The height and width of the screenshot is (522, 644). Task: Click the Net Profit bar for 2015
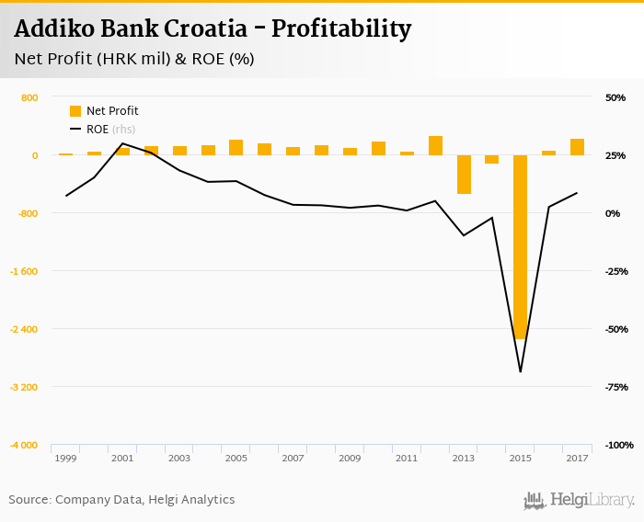520,246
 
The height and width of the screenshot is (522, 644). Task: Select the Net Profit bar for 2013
463,174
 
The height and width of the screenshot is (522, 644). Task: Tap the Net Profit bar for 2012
435,145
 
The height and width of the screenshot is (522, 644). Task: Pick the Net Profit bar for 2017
577,147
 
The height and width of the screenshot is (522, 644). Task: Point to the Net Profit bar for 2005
236,147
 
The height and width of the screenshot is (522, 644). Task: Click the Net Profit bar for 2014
491,159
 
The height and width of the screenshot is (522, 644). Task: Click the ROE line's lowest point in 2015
520,371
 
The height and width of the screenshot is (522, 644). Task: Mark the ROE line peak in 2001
122,143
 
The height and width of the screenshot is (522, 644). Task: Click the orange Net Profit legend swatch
75,111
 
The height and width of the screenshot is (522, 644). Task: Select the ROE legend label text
97,129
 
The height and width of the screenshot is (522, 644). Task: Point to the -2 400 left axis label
23,329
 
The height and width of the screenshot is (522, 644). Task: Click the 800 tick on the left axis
29,97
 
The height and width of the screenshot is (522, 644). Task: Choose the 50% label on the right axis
615,97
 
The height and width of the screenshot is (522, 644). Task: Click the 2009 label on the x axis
350,458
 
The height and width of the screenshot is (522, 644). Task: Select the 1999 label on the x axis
65,458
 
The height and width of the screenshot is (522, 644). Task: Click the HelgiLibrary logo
579,500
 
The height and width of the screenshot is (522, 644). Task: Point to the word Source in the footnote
29,500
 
